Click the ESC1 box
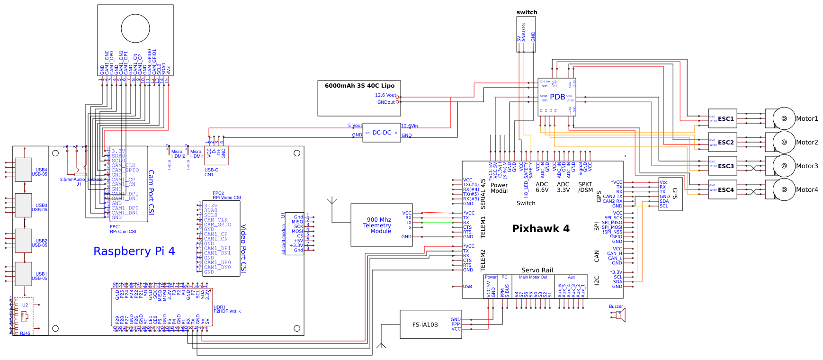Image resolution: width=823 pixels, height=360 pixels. click(x=723, y=119)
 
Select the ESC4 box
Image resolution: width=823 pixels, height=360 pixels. click(x=723, y=190)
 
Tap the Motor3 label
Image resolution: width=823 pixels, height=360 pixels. click(x=807, y=166)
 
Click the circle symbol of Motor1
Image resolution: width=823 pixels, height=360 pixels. click(x=784, y=118)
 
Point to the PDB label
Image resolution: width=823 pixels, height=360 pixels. click(x=557, y=97)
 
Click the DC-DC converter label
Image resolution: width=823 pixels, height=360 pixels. click(x=382, y=133)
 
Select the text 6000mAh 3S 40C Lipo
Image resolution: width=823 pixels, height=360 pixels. click(x=359, y=86)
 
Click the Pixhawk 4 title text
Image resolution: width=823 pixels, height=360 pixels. click(x=541, y=229)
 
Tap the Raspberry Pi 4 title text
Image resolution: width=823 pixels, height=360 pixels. click(x=134, y=251)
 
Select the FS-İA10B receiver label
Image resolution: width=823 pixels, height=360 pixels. click(x=425, y=325)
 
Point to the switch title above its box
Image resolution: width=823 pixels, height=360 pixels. click(x=527, y=12)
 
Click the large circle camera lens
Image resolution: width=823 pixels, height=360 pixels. click(x=135, y=28)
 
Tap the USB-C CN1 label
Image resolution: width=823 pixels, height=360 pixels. click(x=211, y=172)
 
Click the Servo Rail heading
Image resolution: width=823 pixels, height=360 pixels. click(x=537, y=270)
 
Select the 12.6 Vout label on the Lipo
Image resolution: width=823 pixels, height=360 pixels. click(x=385, y=95)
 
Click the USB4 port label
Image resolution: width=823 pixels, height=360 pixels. click(x=41, y=170)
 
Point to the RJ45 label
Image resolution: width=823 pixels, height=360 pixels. click(x=25, y=333)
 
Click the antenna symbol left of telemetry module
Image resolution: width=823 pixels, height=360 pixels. click(x=332, y=202)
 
